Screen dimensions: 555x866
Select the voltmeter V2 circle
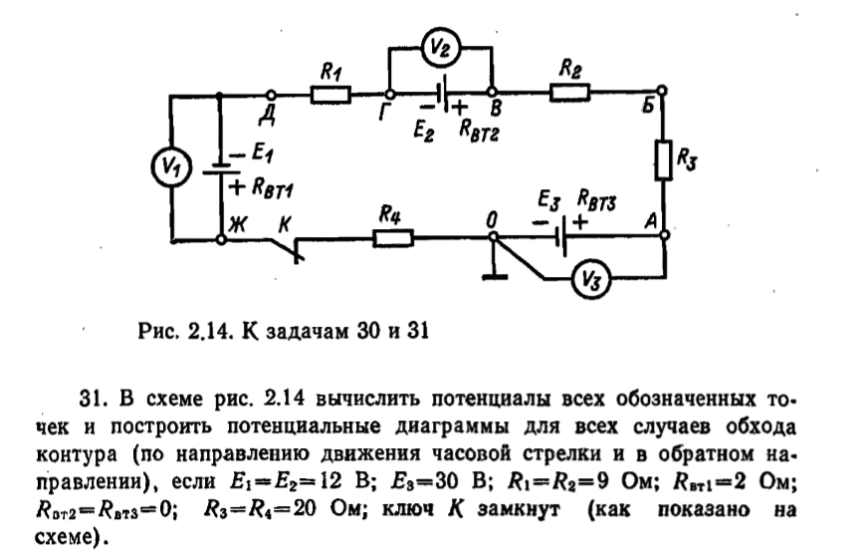(440, 46)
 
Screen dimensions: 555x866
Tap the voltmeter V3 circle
(589, 283)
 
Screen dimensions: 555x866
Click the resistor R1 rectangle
(330, 95)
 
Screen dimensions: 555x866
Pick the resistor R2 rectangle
(569, 94)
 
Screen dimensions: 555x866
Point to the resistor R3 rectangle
(663, 160)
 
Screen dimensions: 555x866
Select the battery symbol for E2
(440, 94)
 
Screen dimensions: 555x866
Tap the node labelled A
(663, 239)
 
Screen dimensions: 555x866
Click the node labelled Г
(386, 95)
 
